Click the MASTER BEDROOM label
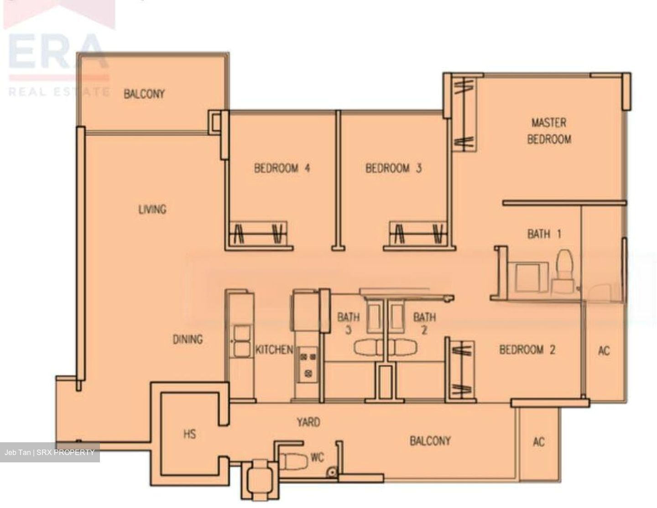click(549, 131)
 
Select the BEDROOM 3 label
click(393, 168)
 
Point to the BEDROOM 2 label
click(527, 350)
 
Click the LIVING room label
click(152, 209)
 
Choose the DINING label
click(188, 340)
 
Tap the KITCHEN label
click(274, 350)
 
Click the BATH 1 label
click(544, 234)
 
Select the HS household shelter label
click(190, 434)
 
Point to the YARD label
click(308, 422)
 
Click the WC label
click(318, 457)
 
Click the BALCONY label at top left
click(144, 94)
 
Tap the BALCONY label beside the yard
click(430, 441)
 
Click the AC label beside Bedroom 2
click(604, 351)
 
